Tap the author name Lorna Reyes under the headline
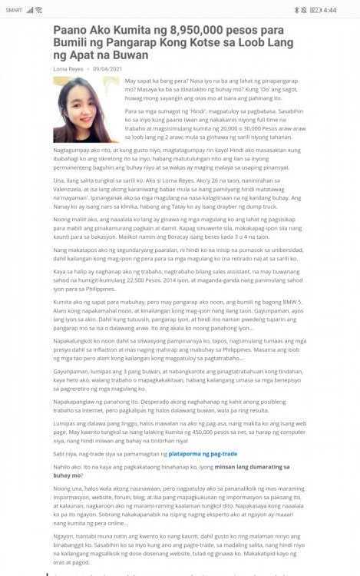coord(68,68)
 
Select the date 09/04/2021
coord(108,68)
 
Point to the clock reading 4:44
coord(330,10)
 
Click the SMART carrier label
coord(14,10)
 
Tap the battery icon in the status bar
coord(315,10)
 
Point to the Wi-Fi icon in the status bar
coord(39,10)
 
